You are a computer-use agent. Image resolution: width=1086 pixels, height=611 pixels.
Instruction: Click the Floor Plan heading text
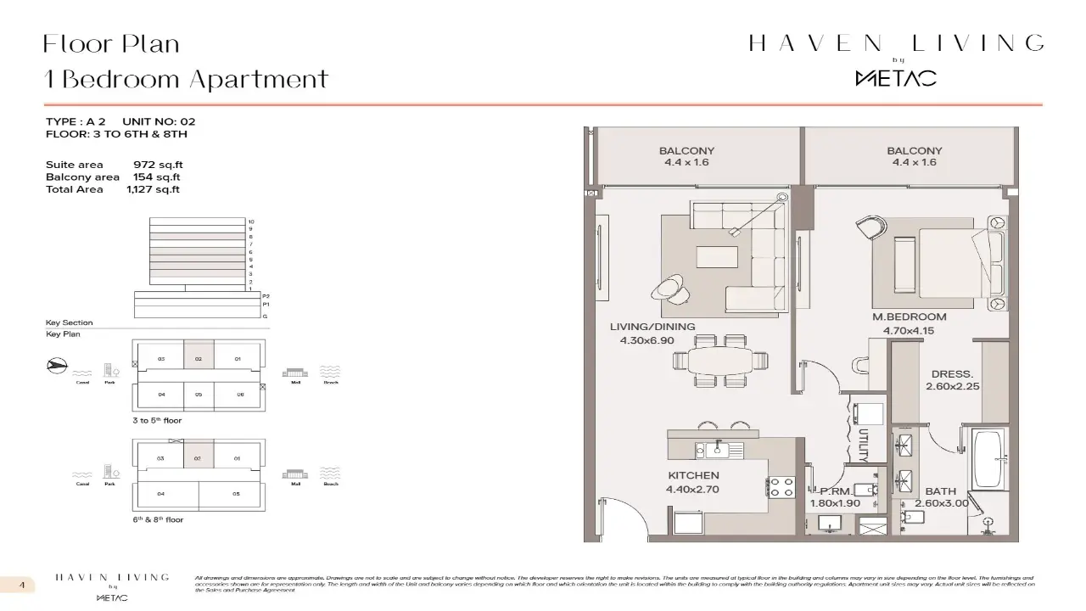[111, 43]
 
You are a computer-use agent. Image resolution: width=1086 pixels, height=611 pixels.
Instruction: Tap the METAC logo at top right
[895, 78]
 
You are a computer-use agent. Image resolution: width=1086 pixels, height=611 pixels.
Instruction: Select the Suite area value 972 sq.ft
[158, 165]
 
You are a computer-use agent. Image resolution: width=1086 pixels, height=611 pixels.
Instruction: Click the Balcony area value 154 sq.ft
[156, 177]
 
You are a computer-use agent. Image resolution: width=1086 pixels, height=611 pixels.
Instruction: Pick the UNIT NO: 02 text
[159, 122]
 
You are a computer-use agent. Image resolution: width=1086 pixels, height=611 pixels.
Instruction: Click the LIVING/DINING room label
[652, 327]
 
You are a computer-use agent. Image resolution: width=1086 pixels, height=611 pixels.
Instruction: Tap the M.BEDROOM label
[909, 317]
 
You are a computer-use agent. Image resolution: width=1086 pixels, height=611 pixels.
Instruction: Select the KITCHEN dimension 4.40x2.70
[692, 490]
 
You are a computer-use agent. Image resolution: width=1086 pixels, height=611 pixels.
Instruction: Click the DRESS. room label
[952, 373]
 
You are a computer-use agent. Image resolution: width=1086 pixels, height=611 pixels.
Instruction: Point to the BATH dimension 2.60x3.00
[941, 503]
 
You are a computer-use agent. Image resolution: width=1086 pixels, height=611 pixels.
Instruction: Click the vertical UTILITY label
[863, 444]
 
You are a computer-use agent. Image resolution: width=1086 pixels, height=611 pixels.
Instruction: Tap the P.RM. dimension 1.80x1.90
[835, 503]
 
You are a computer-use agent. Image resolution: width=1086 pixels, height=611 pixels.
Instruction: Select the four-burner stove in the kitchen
[781, 487]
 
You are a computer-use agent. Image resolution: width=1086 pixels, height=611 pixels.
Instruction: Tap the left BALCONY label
[686, 151]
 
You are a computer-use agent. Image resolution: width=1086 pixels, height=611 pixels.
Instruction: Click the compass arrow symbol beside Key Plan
[55, 367]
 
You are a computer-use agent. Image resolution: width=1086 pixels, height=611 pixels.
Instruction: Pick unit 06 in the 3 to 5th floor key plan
[240, 395]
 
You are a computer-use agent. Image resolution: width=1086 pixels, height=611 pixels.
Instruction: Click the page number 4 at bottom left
[22, 585]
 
